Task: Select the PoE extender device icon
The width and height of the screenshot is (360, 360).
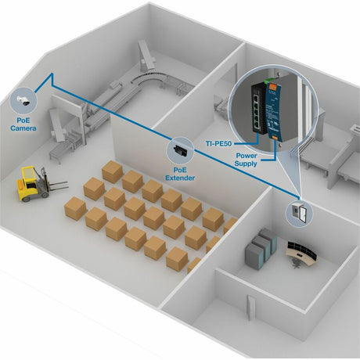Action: click(181, 148)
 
